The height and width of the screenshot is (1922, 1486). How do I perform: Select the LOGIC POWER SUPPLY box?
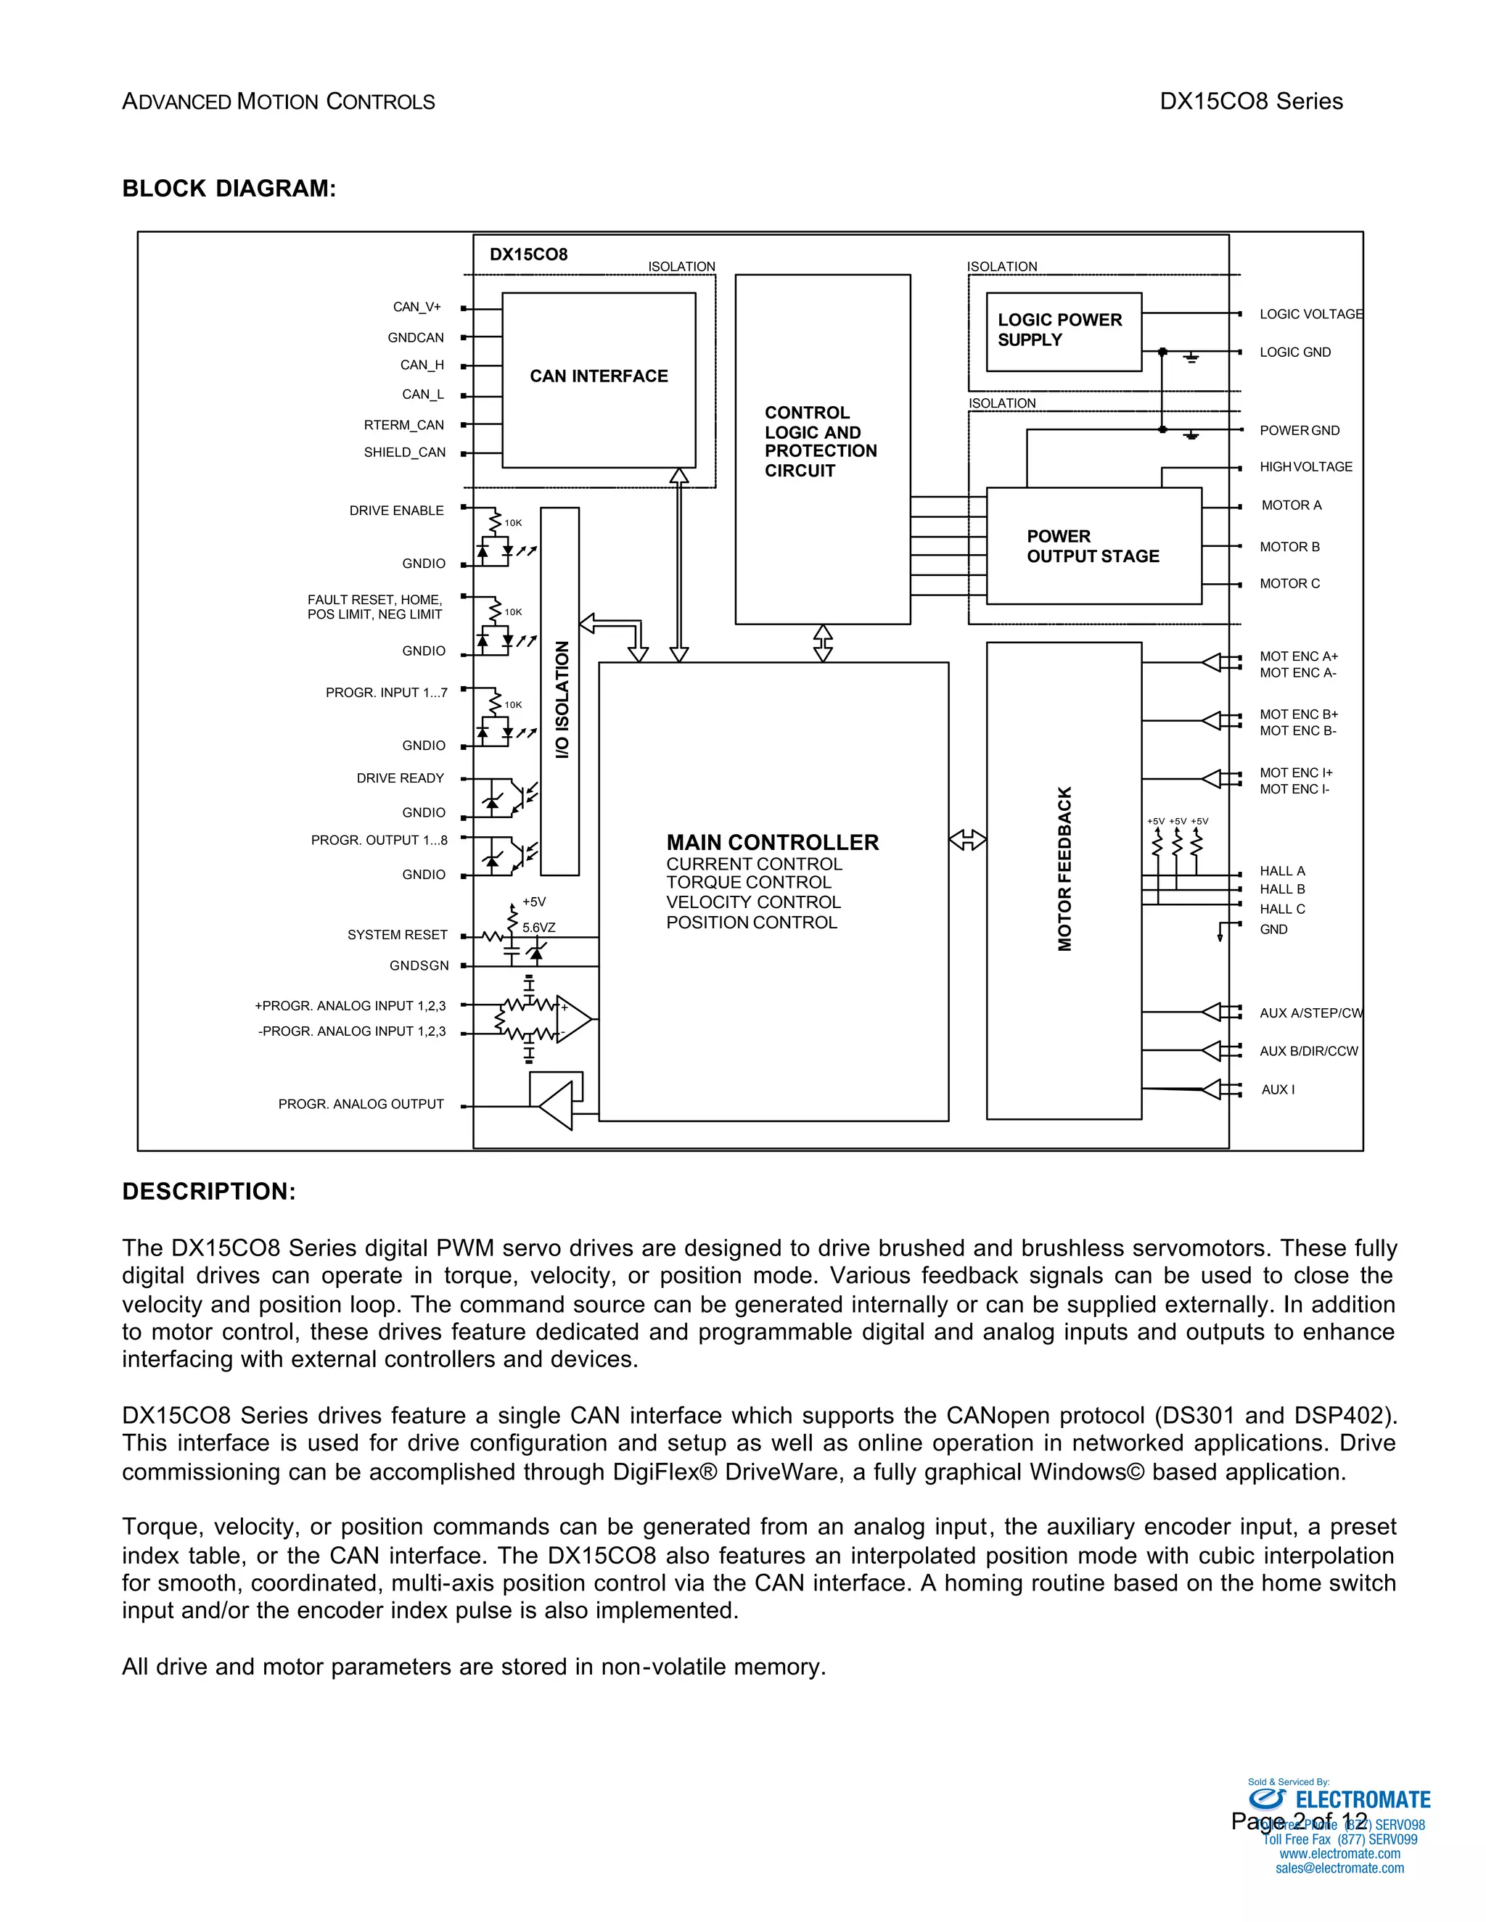tap(1064, 331)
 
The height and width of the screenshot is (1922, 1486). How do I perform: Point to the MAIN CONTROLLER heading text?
tap(772, 843)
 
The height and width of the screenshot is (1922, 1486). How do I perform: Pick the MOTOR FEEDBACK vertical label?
tap(1065, 870)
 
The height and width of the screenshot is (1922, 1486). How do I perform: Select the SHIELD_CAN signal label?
tap(405, 453)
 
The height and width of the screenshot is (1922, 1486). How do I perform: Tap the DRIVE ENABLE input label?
tap(396, 511)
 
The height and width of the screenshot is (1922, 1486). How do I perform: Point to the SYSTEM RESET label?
tap(397, 935)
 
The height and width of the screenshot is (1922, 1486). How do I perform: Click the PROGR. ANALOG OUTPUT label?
tap(361, 1105)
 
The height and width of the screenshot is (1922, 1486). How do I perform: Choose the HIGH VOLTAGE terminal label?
tap(1305, 467)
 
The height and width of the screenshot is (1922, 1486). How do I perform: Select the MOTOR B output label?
tap(1289, 548)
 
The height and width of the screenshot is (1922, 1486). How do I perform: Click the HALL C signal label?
tap(1282, 909)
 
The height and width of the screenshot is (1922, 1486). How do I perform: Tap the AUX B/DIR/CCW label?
tap(1308, 1052)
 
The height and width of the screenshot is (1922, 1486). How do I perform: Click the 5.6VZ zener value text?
tap(539, 928)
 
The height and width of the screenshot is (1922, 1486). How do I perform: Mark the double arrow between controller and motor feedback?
tap(967, 840)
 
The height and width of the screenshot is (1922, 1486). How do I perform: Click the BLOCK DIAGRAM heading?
tap(229, 189)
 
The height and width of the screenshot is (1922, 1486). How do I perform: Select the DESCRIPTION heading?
tap(209, 1192)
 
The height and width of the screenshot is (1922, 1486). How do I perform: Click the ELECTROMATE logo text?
tap(1363, 1799)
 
